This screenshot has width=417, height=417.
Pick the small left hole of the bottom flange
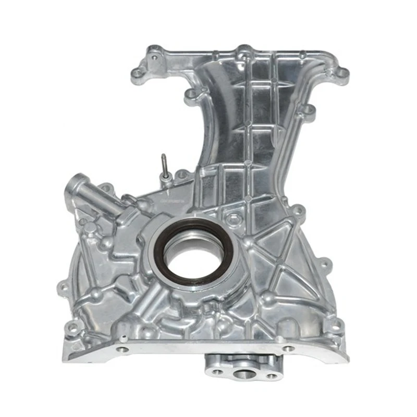point(215,371)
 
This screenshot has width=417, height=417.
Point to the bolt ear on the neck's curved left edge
point(191,94)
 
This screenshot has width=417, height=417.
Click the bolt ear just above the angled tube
point(105,186)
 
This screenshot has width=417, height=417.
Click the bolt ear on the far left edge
point(62,286)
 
